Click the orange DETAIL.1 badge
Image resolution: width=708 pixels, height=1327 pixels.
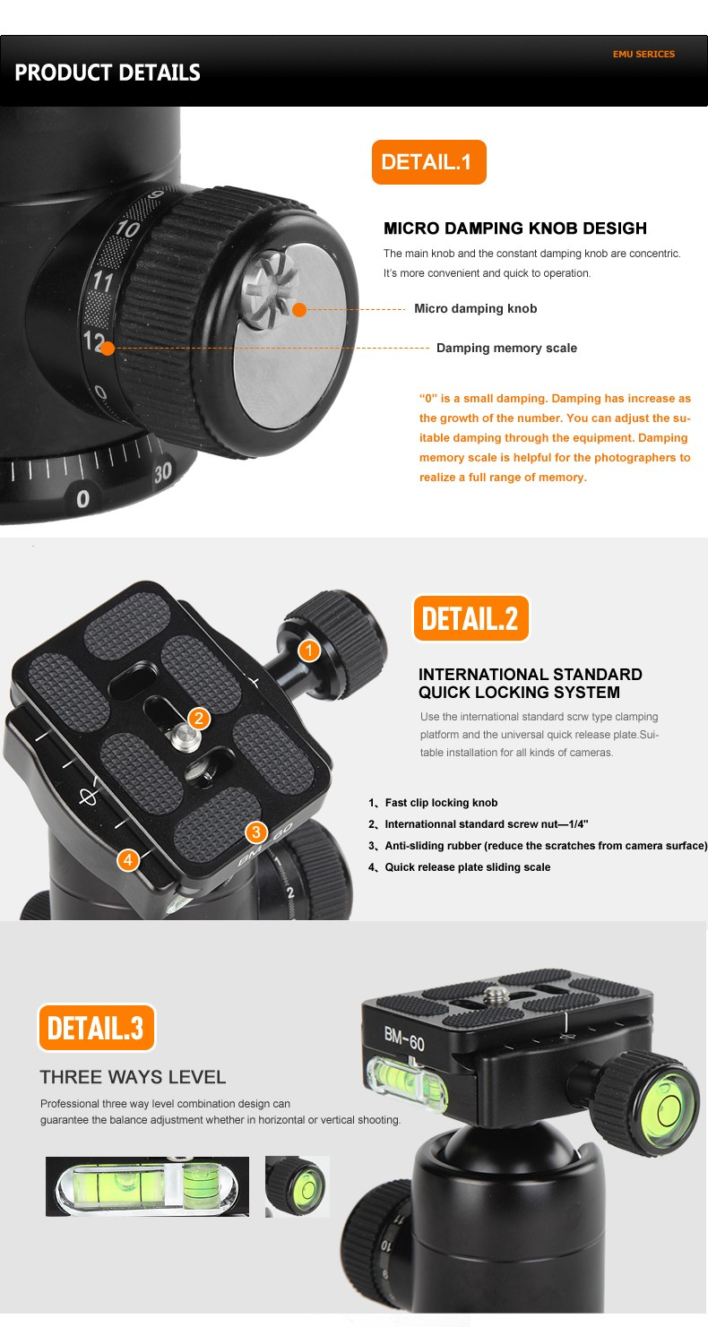429,161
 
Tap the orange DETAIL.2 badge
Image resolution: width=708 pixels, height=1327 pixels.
471,618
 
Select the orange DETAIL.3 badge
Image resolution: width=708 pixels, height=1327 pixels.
96,1027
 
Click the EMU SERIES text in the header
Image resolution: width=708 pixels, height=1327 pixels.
643,54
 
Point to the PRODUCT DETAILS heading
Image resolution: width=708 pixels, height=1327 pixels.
108,73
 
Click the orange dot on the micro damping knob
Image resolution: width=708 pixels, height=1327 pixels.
299,309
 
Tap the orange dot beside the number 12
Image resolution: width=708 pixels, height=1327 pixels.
108,349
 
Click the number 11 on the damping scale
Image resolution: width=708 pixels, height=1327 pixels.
103,280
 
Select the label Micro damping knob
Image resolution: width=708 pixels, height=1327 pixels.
475,308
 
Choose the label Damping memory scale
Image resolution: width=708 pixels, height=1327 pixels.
506,348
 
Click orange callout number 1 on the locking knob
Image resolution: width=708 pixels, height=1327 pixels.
308,651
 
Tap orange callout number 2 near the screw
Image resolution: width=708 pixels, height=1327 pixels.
199,719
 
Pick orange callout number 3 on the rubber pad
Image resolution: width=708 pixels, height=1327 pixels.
256,832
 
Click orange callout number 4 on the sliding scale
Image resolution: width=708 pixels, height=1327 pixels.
128,859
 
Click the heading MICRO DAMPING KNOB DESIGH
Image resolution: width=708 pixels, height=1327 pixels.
514,228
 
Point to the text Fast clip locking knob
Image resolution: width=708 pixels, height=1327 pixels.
442,803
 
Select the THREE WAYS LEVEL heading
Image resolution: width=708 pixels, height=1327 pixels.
133,1077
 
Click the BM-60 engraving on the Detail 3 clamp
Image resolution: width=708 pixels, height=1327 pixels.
404,1038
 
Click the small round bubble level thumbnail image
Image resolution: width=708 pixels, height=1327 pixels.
297,1186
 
